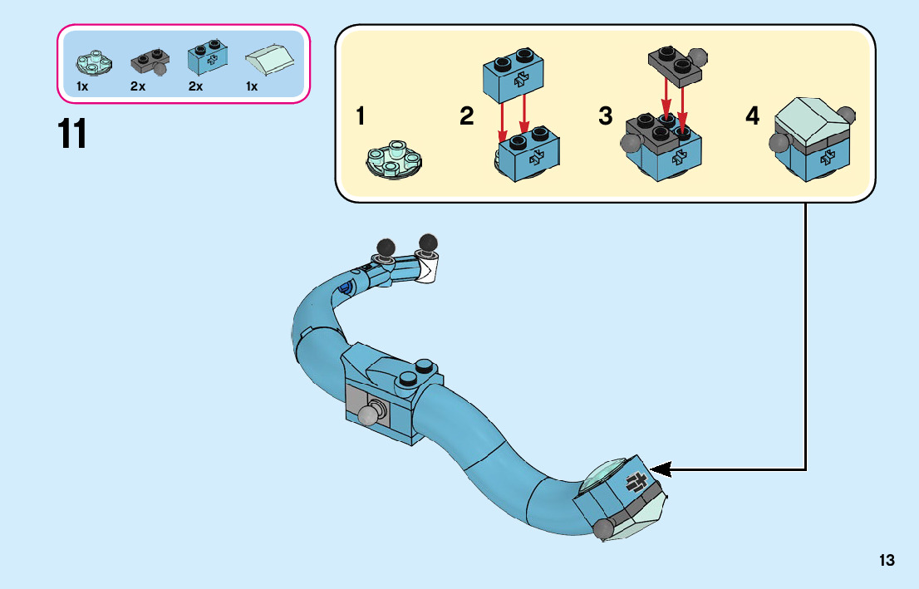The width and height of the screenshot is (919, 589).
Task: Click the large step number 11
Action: click(x=72, y=134)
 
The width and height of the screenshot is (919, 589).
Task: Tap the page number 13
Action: click(x=887, y=561)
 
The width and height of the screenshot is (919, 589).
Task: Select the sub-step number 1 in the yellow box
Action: click(x=360, y=117)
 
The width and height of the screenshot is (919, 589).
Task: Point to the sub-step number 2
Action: click(x=467, y=117)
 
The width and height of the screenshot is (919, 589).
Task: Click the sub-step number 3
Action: click(x=606, y=117)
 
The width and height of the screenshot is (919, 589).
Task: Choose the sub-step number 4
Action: click(x=752, y=117)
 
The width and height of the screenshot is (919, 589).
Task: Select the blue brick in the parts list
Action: click(x=206, y=56)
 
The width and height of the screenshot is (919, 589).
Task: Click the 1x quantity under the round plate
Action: click(x=82, y=86)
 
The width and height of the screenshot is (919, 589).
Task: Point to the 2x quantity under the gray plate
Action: click(x=138, y=86)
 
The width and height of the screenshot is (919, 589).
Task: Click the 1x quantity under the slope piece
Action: click(x=252, y=86)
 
